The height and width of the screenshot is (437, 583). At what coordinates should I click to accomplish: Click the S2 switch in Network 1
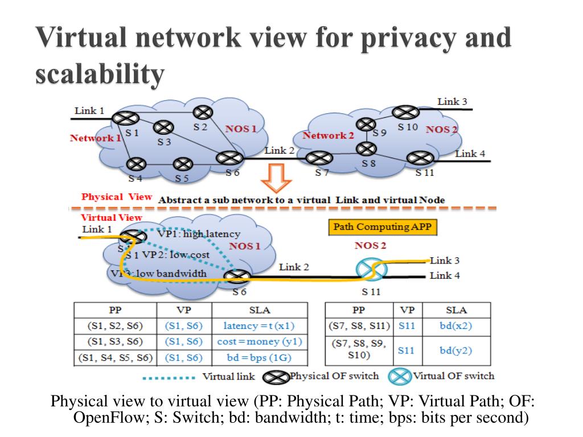point(202,113)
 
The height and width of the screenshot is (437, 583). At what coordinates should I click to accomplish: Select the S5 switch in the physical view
point(182,164)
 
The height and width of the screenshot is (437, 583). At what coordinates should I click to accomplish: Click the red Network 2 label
point(328,135)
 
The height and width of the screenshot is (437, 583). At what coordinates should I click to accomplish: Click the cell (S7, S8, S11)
point(359,326)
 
